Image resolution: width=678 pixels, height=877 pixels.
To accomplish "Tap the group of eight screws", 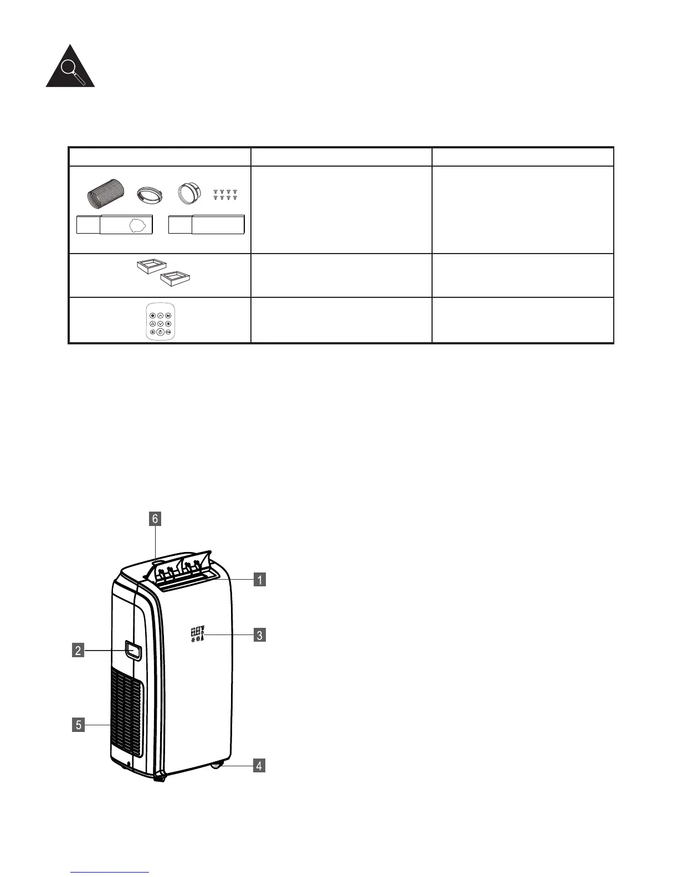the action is tap(225, 194).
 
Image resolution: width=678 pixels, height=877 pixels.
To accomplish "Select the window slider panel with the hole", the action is tap(114, 225).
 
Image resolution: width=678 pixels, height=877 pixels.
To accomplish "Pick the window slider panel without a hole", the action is tap(207, 225).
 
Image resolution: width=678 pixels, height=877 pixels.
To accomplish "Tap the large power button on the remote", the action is tap(160, 332).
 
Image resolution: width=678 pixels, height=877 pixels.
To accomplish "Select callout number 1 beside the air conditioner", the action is tap(259, 580).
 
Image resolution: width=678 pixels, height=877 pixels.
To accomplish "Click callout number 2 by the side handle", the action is tap(78, 651).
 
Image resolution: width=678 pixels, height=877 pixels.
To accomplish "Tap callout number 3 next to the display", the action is tap(259, 635).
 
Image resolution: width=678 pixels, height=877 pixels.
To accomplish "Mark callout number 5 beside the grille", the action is tap(79, 724).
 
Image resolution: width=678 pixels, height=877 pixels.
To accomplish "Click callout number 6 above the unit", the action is tap(155, 519).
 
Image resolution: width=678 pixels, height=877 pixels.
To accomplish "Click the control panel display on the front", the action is tap(198, 634).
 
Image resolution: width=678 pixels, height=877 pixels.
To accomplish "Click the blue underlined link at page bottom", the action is tap(110, 871).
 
